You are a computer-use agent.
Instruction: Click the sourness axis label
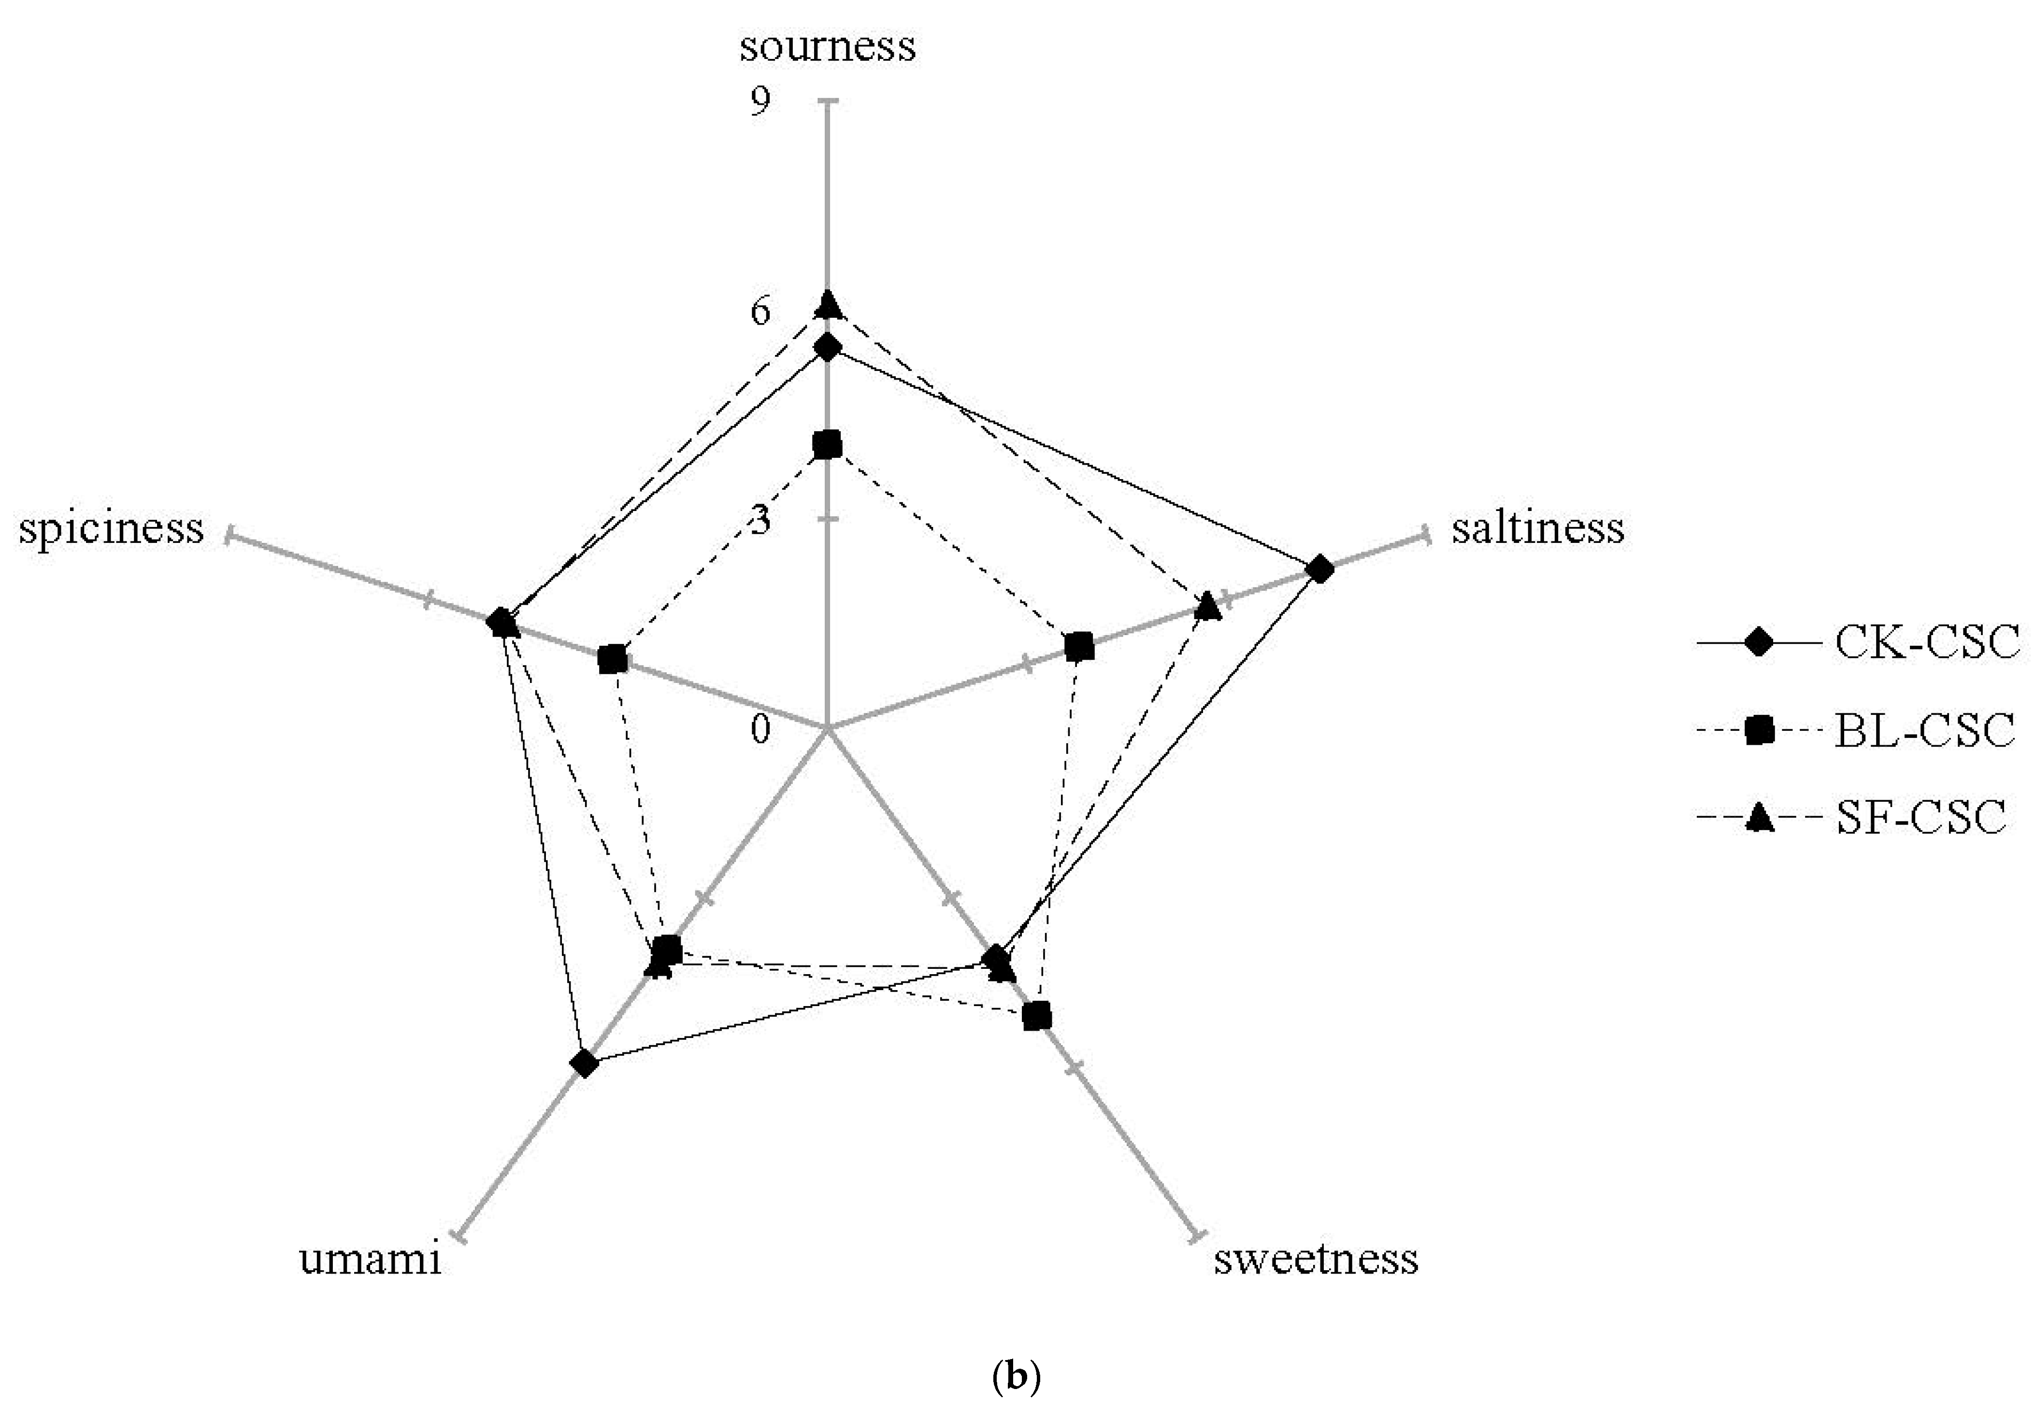827,46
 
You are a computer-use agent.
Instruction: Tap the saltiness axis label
1538,528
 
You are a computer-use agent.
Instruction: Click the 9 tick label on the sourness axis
760,102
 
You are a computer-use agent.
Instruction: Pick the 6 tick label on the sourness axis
760,312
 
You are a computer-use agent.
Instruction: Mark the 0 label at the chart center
760,730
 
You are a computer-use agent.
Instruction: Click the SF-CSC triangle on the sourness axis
828,304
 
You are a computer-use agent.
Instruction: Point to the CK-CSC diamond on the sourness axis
828,347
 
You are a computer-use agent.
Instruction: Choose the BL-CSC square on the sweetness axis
1036,1017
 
